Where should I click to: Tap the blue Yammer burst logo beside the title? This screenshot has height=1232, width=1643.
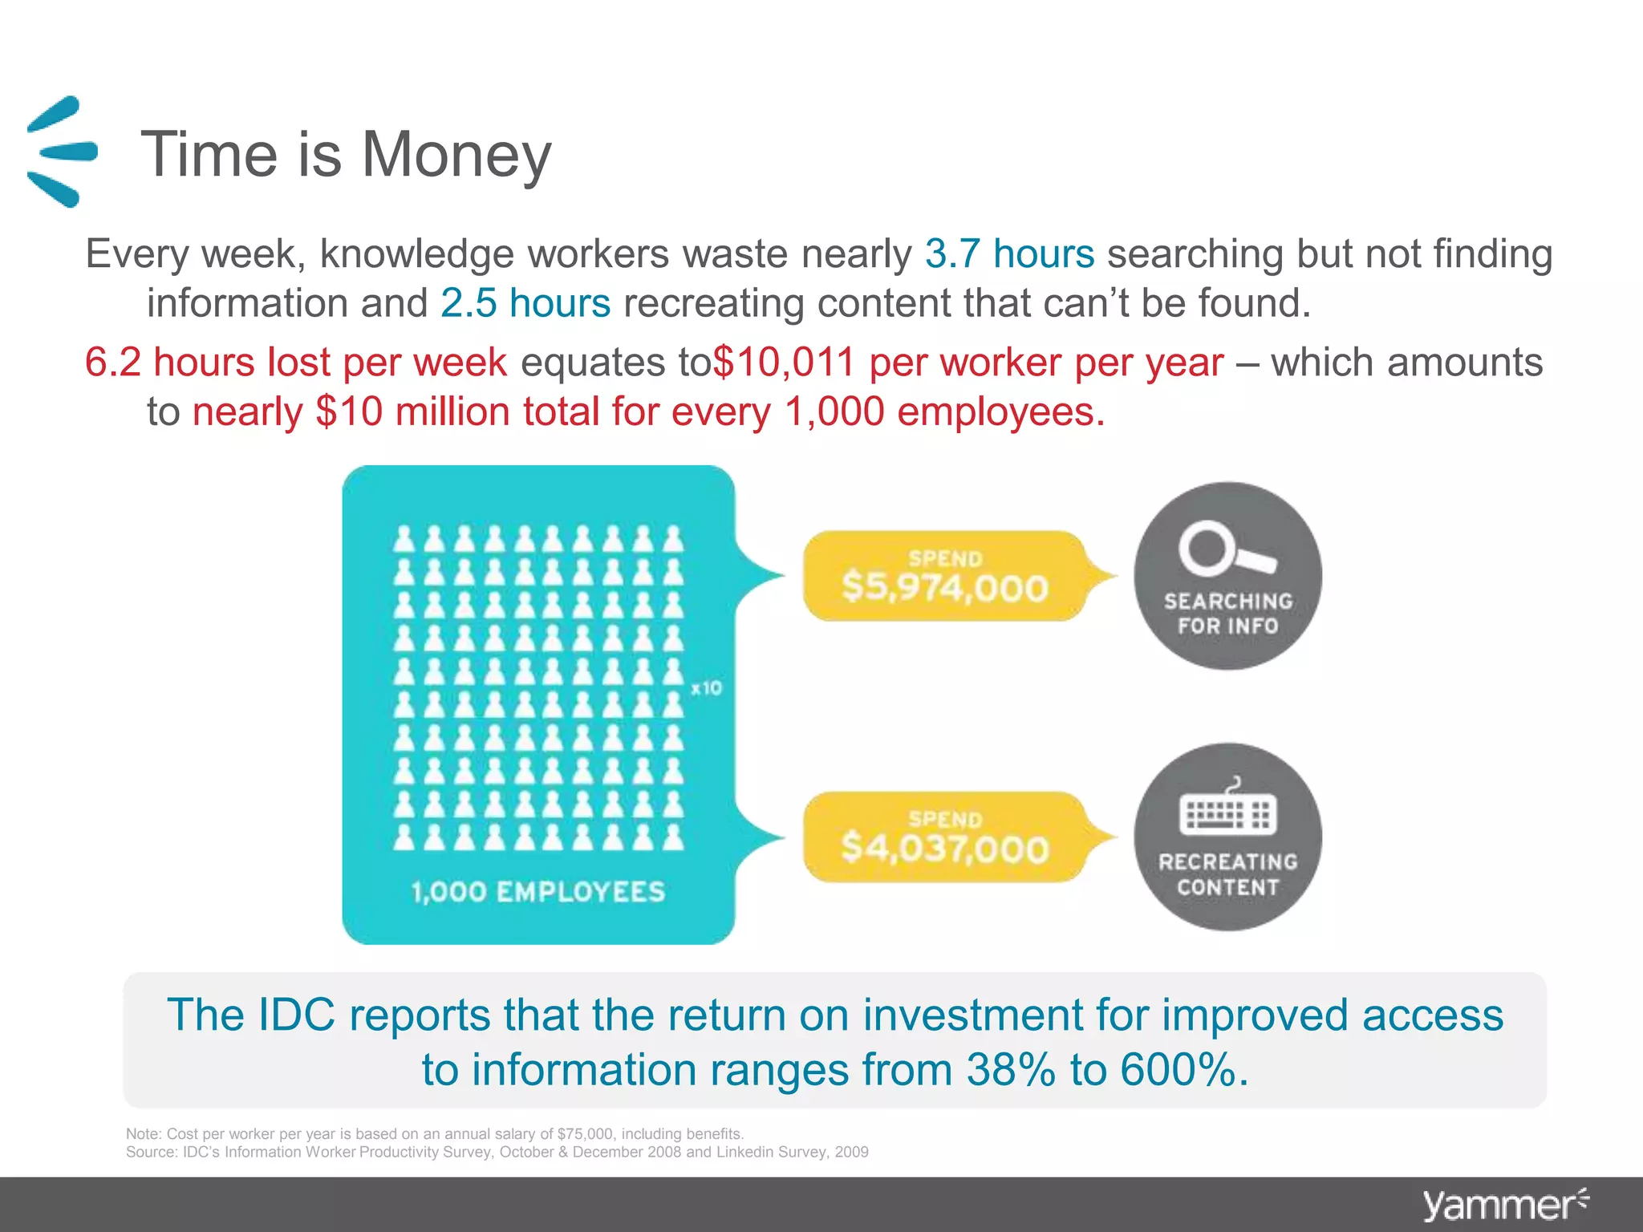pyautogui.click(x=61, y=152)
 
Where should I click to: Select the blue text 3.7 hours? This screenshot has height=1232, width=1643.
pyautogui.click(x=1009, y=254)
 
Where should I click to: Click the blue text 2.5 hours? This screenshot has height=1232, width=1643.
pyautogui.click(x=525, y=303)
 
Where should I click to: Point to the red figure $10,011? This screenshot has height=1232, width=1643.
pyautogui.click(x=784, y=362)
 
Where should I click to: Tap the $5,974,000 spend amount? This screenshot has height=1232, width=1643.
pyautogui.click(x=945, y=588)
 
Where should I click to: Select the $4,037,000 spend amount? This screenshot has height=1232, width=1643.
pyautogui.click(x=945, y=849)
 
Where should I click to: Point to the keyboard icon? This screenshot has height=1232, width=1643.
pyautogui.click(x=1227, y=812)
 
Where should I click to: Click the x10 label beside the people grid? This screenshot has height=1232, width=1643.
pyautogui.click(x=706, y=688)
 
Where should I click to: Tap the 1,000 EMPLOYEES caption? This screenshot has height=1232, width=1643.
pyautogui.click(x=538, y=892)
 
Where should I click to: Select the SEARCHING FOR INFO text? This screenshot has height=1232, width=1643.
pyautogui.click(x=1228, y=614)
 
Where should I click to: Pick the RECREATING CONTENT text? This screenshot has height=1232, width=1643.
pyautogui.click(x=1228, y=874)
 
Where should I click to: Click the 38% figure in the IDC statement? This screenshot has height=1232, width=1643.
pyautogui.click(x=1011, y=1071)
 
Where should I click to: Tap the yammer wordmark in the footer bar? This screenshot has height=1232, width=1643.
pyautogui.click(x=1499, y=1206)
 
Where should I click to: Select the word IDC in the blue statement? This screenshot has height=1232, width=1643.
pyautogui.click(x=296, y=1015)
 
